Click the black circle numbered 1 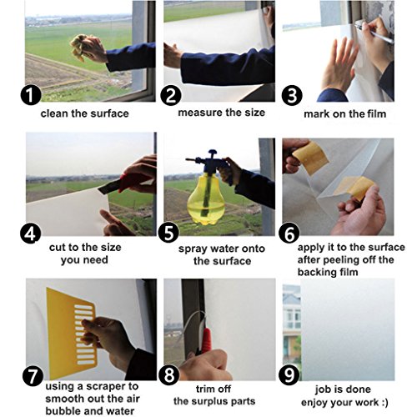(x=31, y=95)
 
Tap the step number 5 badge (x=168, y=232)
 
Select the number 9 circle (x=289, y=375)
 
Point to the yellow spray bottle (x=206, y=198)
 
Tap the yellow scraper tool (x=72, y=332)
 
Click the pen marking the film (x=374, y=33)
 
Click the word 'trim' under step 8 (x=205, y=389)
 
